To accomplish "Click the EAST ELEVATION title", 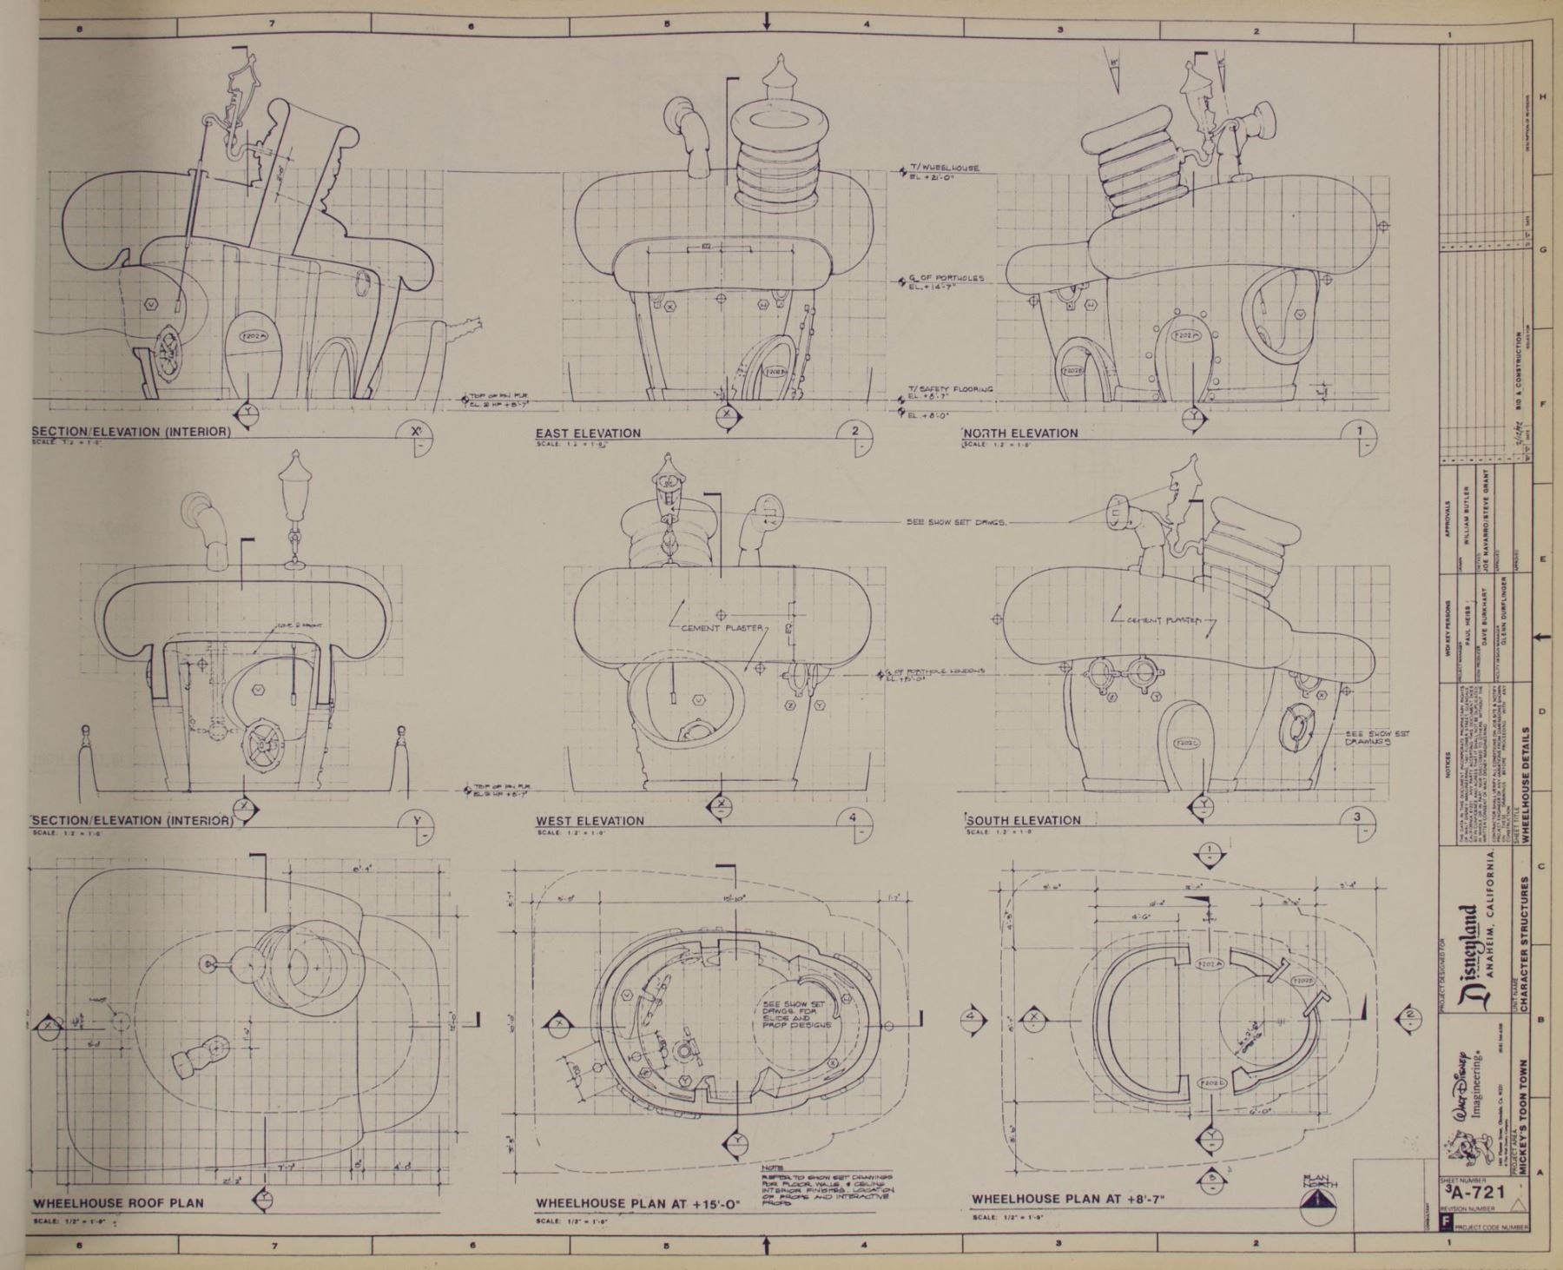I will point(588,433).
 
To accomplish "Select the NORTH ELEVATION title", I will point(1020,433).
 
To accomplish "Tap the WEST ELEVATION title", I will point(590,821).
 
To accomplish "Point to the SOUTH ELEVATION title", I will point(1023,820).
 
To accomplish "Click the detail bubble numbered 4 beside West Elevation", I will point(854,819).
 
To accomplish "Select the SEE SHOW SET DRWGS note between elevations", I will point(955,523).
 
